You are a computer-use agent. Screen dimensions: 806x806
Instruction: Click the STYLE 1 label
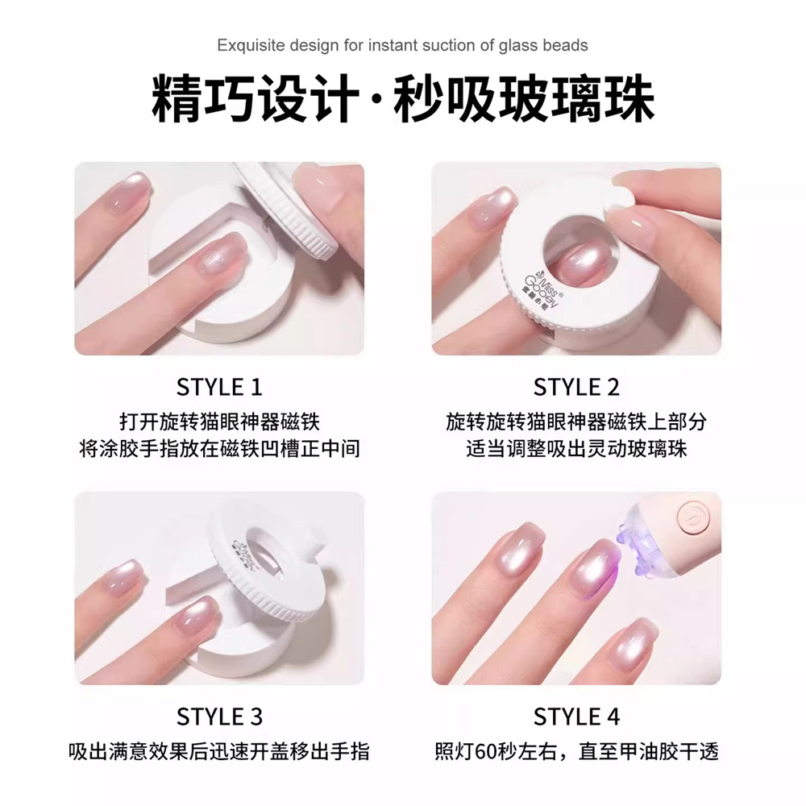219,387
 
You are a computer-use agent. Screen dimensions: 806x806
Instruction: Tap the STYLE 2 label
576,387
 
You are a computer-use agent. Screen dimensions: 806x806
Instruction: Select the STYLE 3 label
219,717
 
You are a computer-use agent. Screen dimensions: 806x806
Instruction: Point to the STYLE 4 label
576,717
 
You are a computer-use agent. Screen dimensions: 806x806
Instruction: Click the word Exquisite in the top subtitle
251,46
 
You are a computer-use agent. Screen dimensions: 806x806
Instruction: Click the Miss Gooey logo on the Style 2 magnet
542,289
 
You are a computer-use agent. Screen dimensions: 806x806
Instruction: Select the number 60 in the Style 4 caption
485,752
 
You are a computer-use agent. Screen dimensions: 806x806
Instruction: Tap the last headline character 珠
629,98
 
